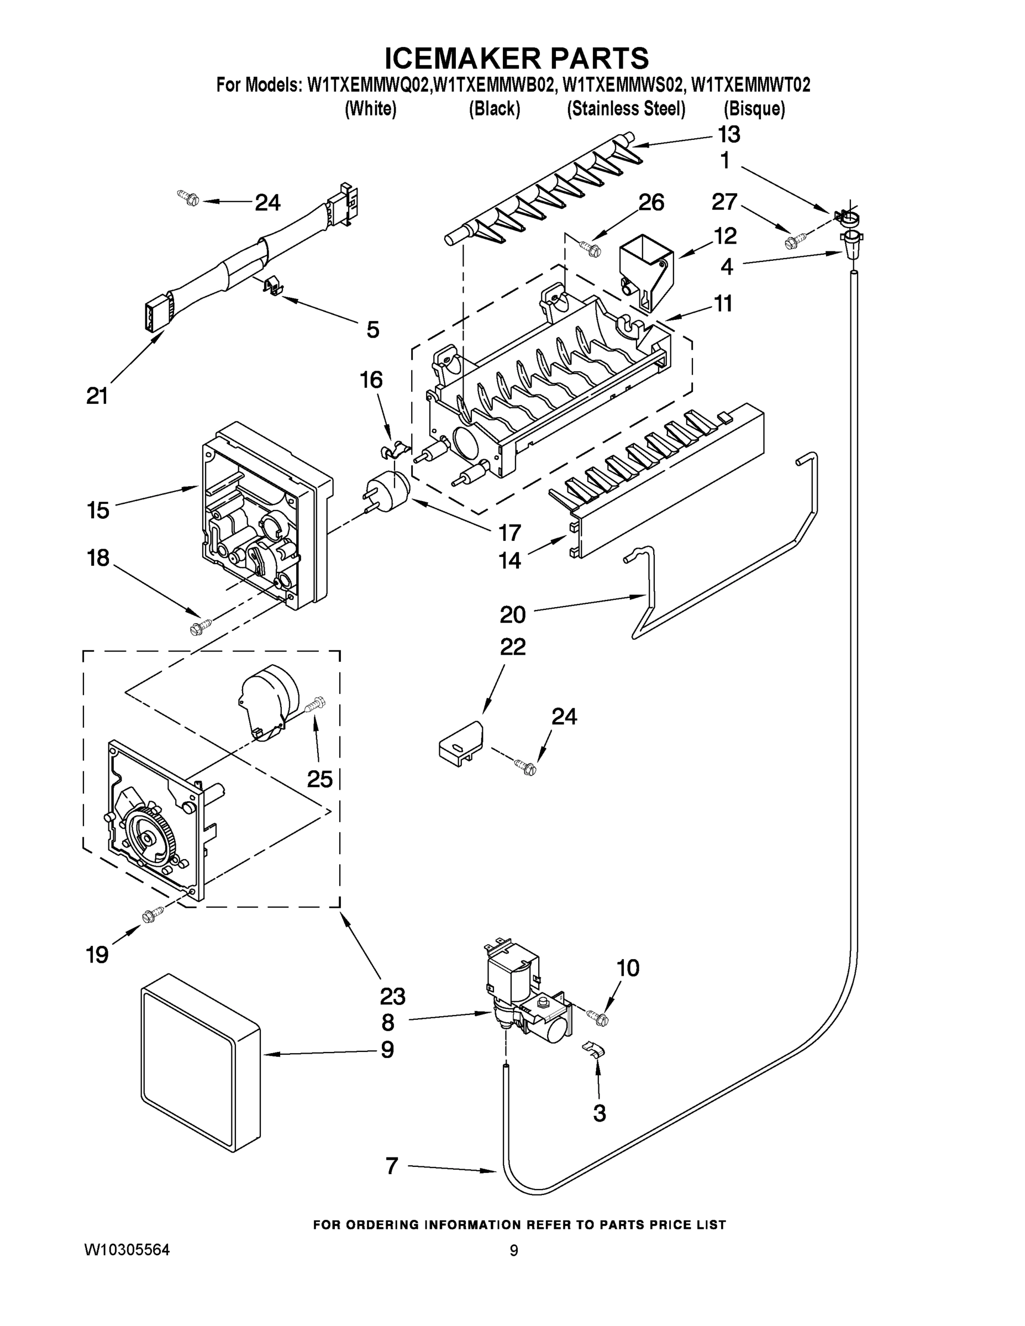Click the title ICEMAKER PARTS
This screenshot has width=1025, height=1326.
tap(517, 58)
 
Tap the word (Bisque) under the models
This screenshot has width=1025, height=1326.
tap(754, 109)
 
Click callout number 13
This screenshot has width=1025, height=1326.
tap(729, 134)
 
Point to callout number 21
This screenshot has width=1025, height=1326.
tap(97, 396)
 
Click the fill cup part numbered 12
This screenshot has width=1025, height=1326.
tap(646, 270)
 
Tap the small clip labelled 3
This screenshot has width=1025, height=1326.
tap(593, 1049)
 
